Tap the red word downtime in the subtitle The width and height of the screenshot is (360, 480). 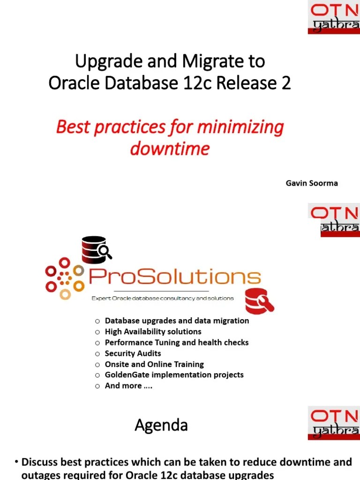(x=169, y=149)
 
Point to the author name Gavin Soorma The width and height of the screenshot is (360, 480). (x=312, y=183)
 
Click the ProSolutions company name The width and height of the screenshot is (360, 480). (x=174, y=277)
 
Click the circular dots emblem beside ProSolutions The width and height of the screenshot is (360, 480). (x=64, y=278)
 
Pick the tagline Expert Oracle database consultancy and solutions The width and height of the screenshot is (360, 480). (x=162, y=298)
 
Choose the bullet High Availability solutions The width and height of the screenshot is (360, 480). (x=153, y=331)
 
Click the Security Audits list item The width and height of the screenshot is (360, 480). (x=133, y=353)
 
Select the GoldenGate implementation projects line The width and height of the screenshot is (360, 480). (x=174, y=375)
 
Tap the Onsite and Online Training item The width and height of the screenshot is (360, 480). (x=154, y=364)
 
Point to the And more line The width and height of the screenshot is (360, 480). (x=129, y=386)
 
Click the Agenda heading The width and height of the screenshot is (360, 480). (x=161, y=425)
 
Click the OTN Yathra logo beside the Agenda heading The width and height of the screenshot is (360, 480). (x=334, y=424)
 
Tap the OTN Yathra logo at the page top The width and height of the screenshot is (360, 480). (x=334, y=17)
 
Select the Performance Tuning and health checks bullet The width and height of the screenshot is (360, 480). (x=176, y=342)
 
